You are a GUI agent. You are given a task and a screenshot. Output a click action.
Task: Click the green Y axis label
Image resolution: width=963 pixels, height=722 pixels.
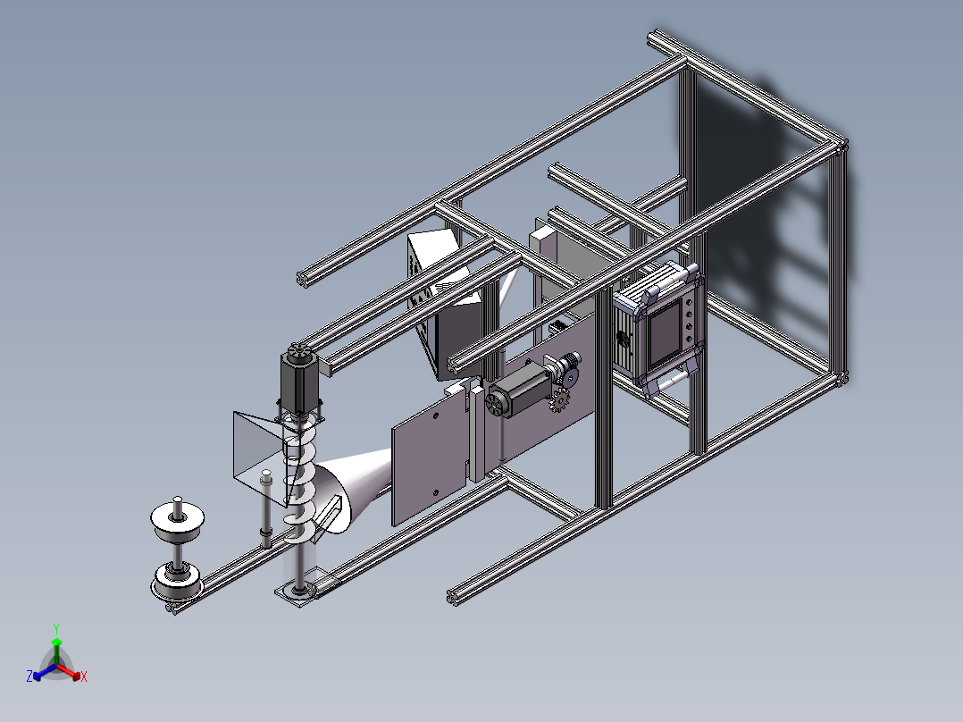pos(56,628)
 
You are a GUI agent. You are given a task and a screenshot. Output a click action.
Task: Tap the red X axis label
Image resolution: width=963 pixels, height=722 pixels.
pos(84,676)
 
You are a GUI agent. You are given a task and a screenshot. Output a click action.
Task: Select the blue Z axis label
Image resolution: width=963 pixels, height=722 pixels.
pos(29,676)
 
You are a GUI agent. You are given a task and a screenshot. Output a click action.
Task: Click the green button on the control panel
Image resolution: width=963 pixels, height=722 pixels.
pos(688,315)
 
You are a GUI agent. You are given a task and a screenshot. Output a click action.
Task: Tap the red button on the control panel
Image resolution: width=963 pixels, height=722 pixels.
pos(689,327)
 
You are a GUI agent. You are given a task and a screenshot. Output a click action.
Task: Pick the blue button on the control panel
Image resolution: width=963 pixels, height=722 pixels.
pos(689,339)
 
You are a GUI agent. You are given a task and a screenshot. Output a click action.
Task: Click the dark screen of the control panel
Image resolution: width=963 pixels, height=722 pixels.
pos(666,332)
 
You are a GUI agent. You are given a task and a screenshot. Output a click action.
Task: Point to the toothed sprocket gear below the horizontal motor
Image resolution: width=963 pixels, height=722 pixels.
pos(559,400)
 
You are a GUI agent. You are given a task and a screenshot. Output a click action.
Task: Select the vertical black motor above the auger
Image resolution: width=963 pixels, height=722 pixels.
pos(298,381)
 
